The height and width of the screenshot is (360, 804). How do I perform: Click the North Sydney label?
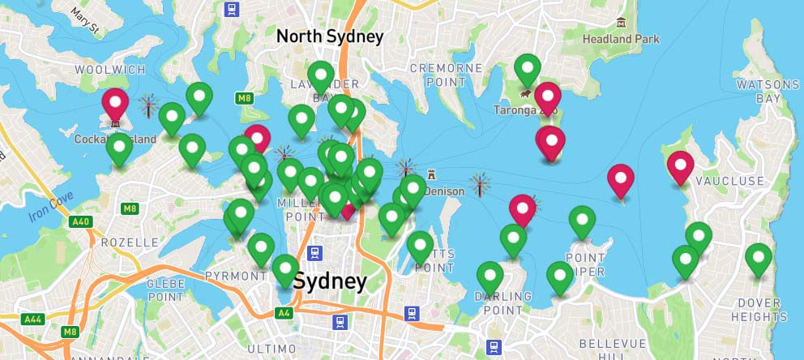(x=329, y=36)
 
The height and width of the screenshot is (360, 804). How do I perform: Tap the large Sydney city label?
(x=330, y=282)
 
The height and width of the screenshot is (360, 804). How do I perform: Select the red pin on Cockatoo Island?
(x=115, y=104)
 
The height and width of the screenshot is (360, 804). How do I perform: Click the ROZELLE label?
(x=129, y=242)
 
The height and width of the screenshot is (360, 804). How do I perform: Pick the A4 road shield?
(x=284, y=312)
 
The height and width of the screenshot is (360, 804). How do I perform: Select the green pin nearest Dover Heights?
(x=758, y=259)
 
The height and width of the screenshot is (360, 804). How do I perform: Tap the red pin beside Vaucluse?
(x=680, y=166)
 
